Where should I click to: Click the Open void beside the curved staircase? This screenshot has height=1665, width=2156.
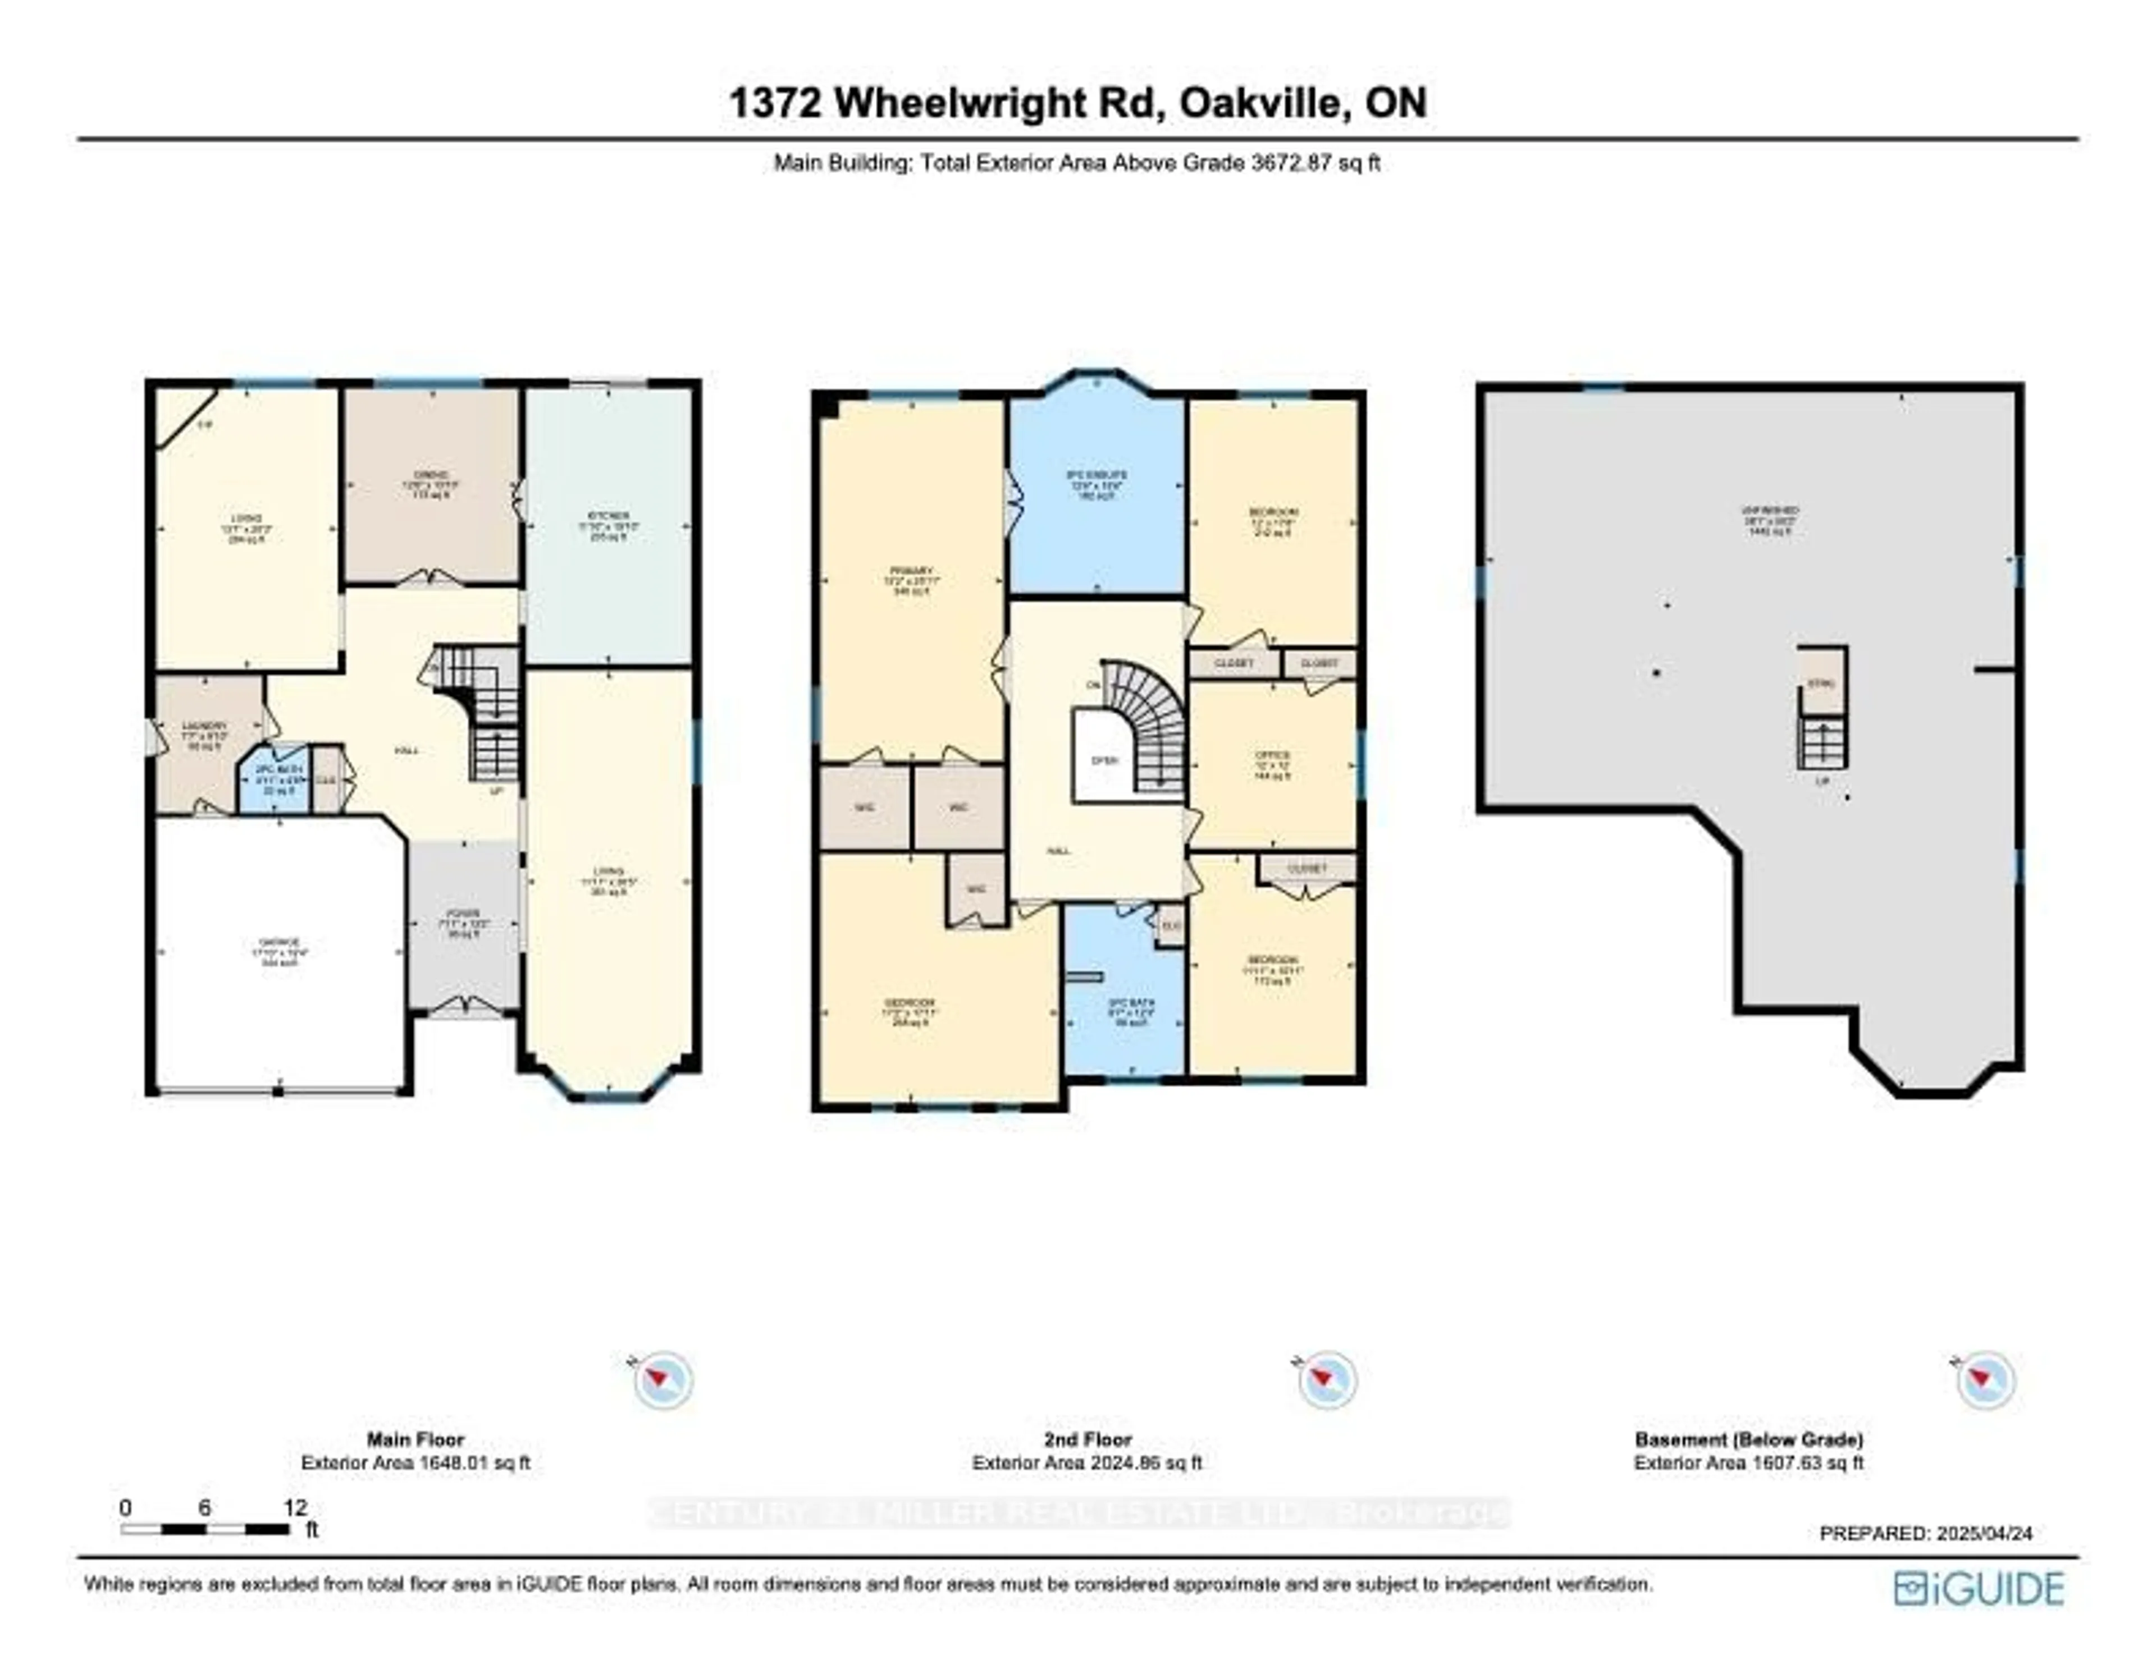(1104, 760)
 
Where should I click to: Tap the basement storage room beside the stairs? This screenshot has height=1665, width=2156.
(1821, 681)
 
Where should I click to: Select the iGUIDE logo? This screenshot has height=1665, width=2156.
(1979, 1588)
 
